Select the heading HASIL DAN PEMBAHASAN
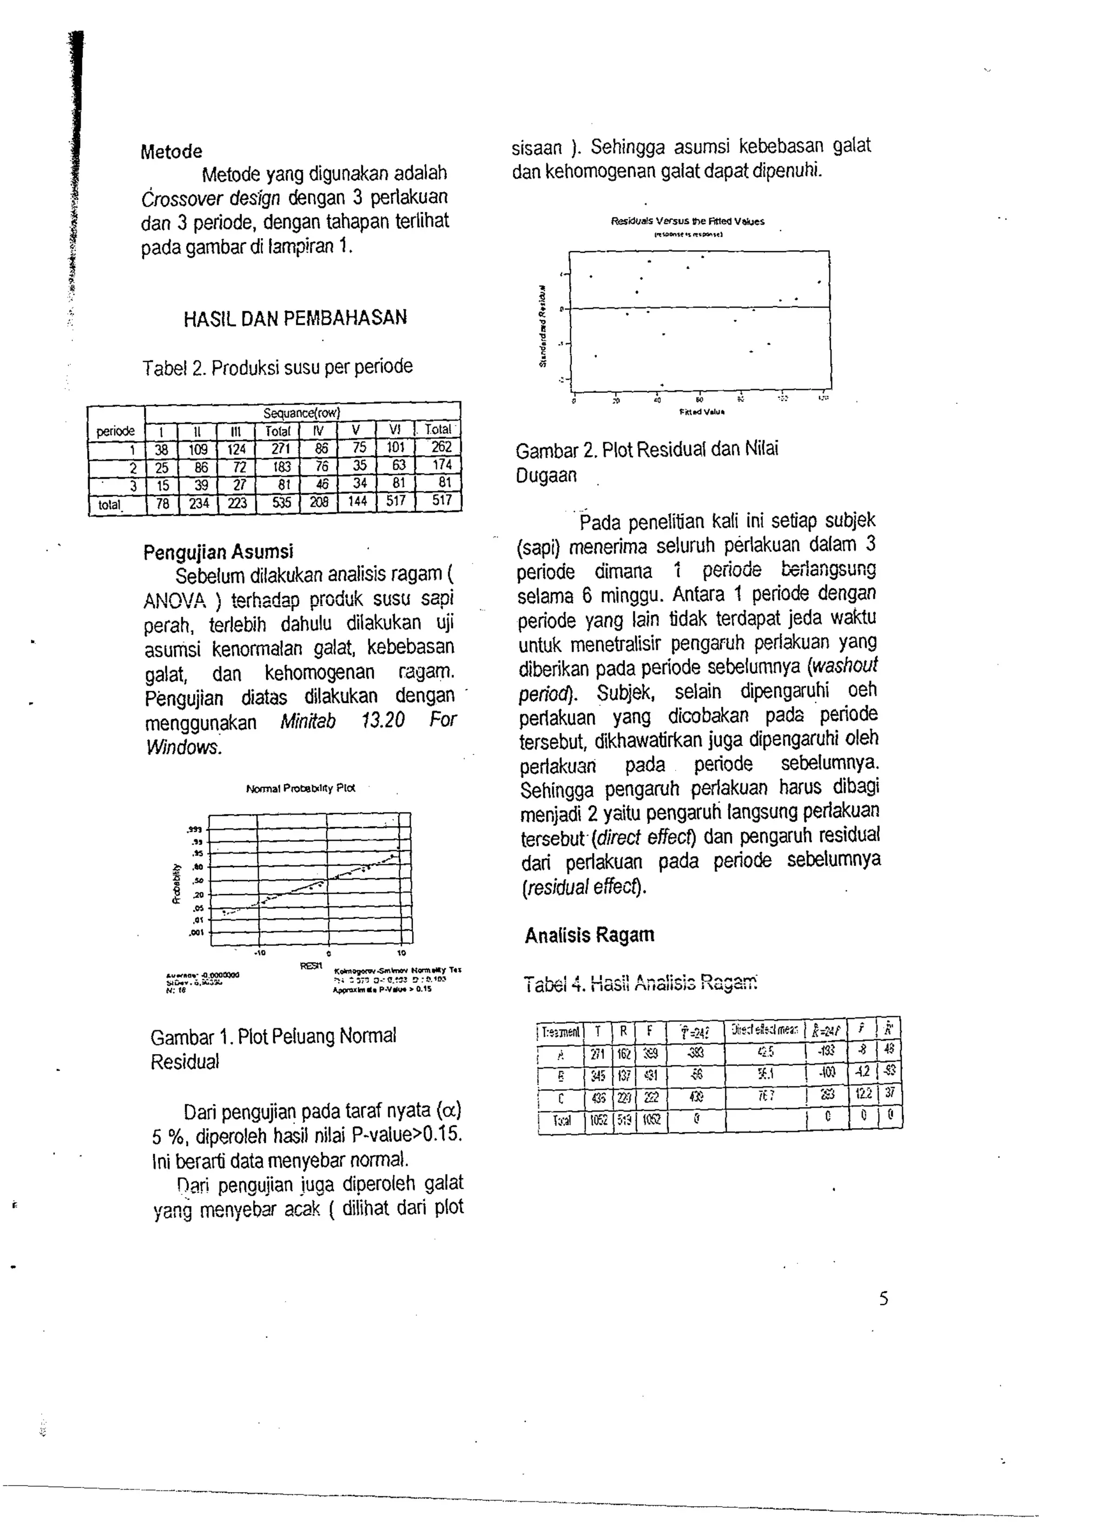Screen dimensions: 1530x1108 coord(295,318)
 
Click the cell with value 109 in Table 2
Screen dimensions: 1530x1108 coord(199,449)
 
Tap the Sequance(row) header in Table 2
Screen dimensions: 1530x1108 coord(302,412)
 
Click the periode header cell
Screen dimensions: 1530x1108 coord(115,430)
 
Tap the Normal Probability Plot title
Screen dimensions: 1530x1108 coord(301,788)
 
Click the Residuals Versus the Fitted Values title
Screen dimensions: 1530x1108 coord(687,221)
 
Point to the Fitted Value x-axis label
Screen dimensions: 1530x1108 coord(701,411)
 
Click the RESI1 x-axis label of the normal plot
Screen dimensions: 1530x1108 coord(310,966)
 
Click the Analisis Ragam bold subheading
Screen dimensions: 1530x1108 coord(589,935)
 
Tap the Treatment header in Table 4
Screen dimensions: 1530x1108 coord(560,1032)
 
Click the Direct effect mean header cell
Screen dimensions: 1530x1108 coord(765,1030)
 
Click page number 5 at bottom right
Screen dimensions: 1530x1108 coord(883,1298)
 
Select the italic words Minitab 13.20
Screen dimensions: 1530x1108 coord(342,720)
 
